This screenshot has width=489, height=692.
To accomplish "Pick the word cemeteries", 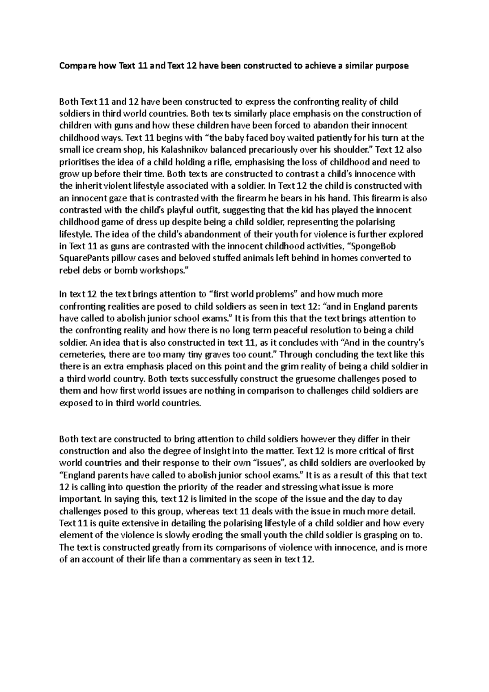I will pyautogui.click(x=77, y=355).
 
